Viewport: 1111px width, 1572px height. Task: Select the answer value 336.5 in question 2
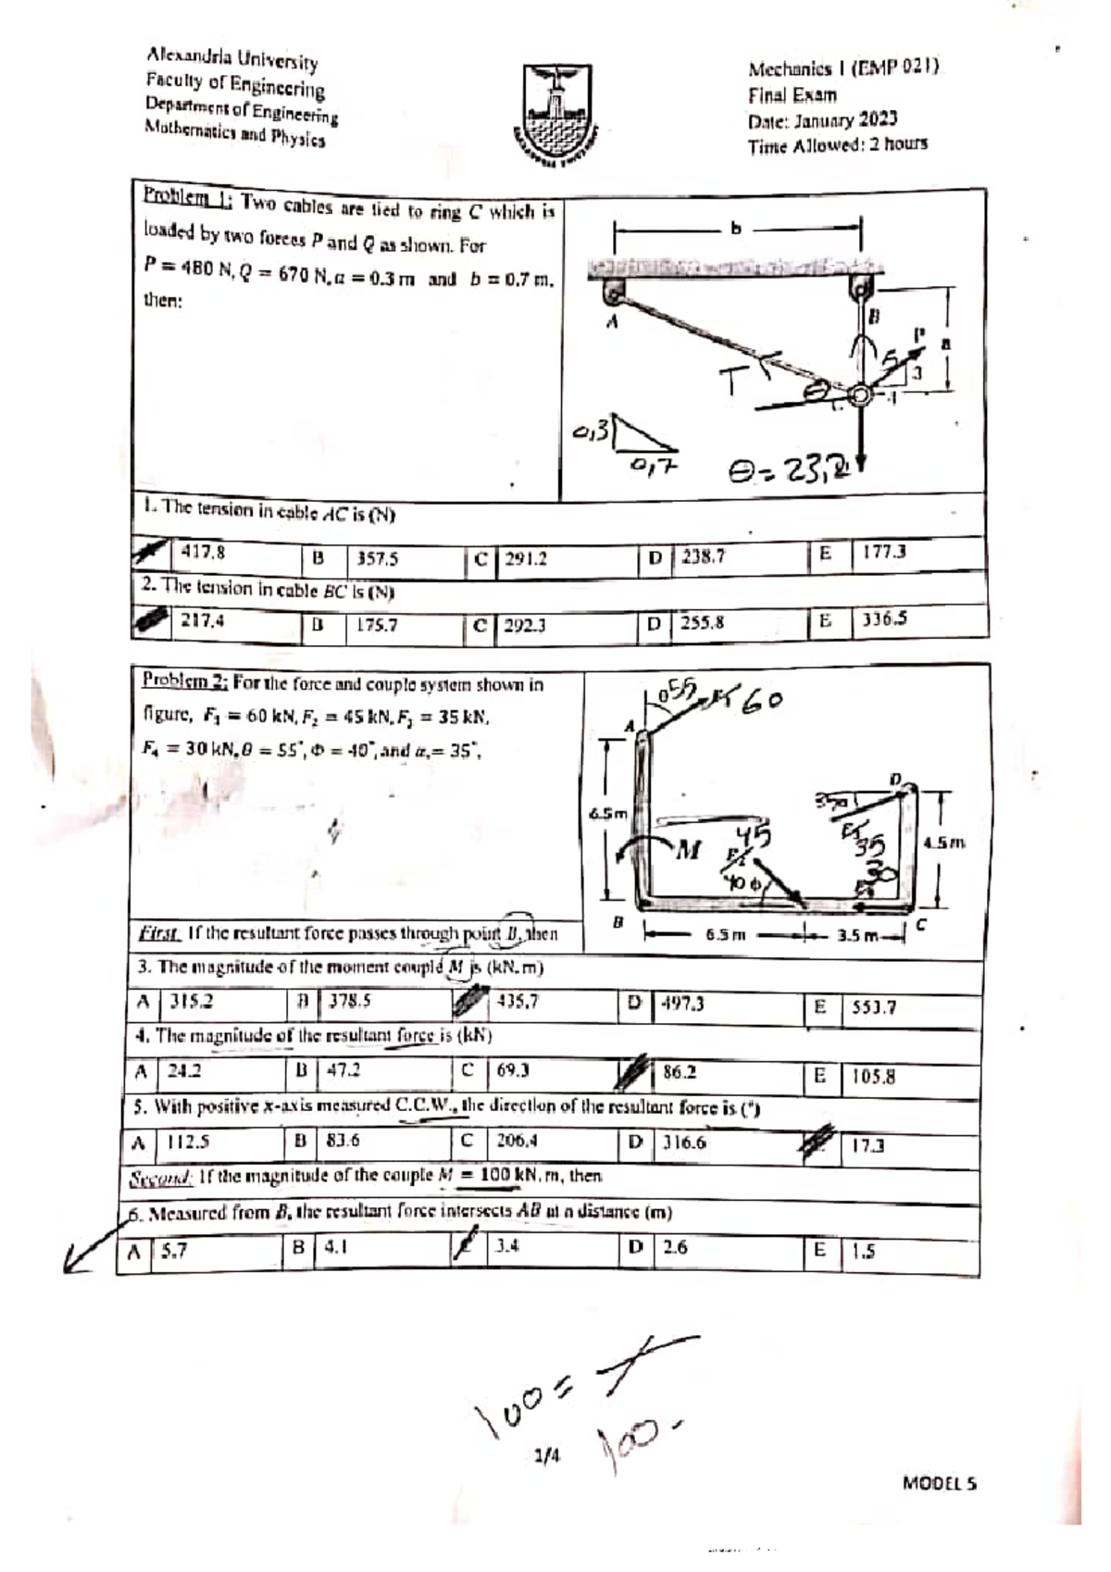point(884,619)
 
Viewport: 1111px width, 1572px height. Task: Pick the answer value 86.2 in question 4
point(680,1072)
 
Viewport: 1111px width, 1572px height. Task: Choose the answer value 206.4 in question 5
point(517,1141)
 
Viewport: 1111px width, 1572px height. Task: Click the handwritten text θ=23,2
point(789,473)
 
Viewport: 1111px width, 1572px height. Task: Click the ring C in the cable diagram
point(861,395)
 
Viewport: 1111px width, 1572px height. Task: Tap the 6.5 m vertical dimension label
point(608,814)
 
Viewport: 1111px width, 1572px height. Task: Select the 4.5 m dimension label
point(944,842)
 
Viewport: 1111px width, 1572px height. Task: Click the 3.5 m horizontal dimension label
point(855,935)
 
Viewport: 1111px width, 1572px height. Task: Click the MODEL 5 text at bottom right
point(939,1482)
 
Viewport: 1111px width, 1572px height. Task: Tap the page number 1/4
point(547,1456)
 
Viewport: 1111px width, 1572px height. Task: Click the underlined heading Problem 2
point(184,681)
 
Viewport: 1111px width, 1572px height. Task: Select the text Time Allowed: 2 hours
point(837,144)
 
